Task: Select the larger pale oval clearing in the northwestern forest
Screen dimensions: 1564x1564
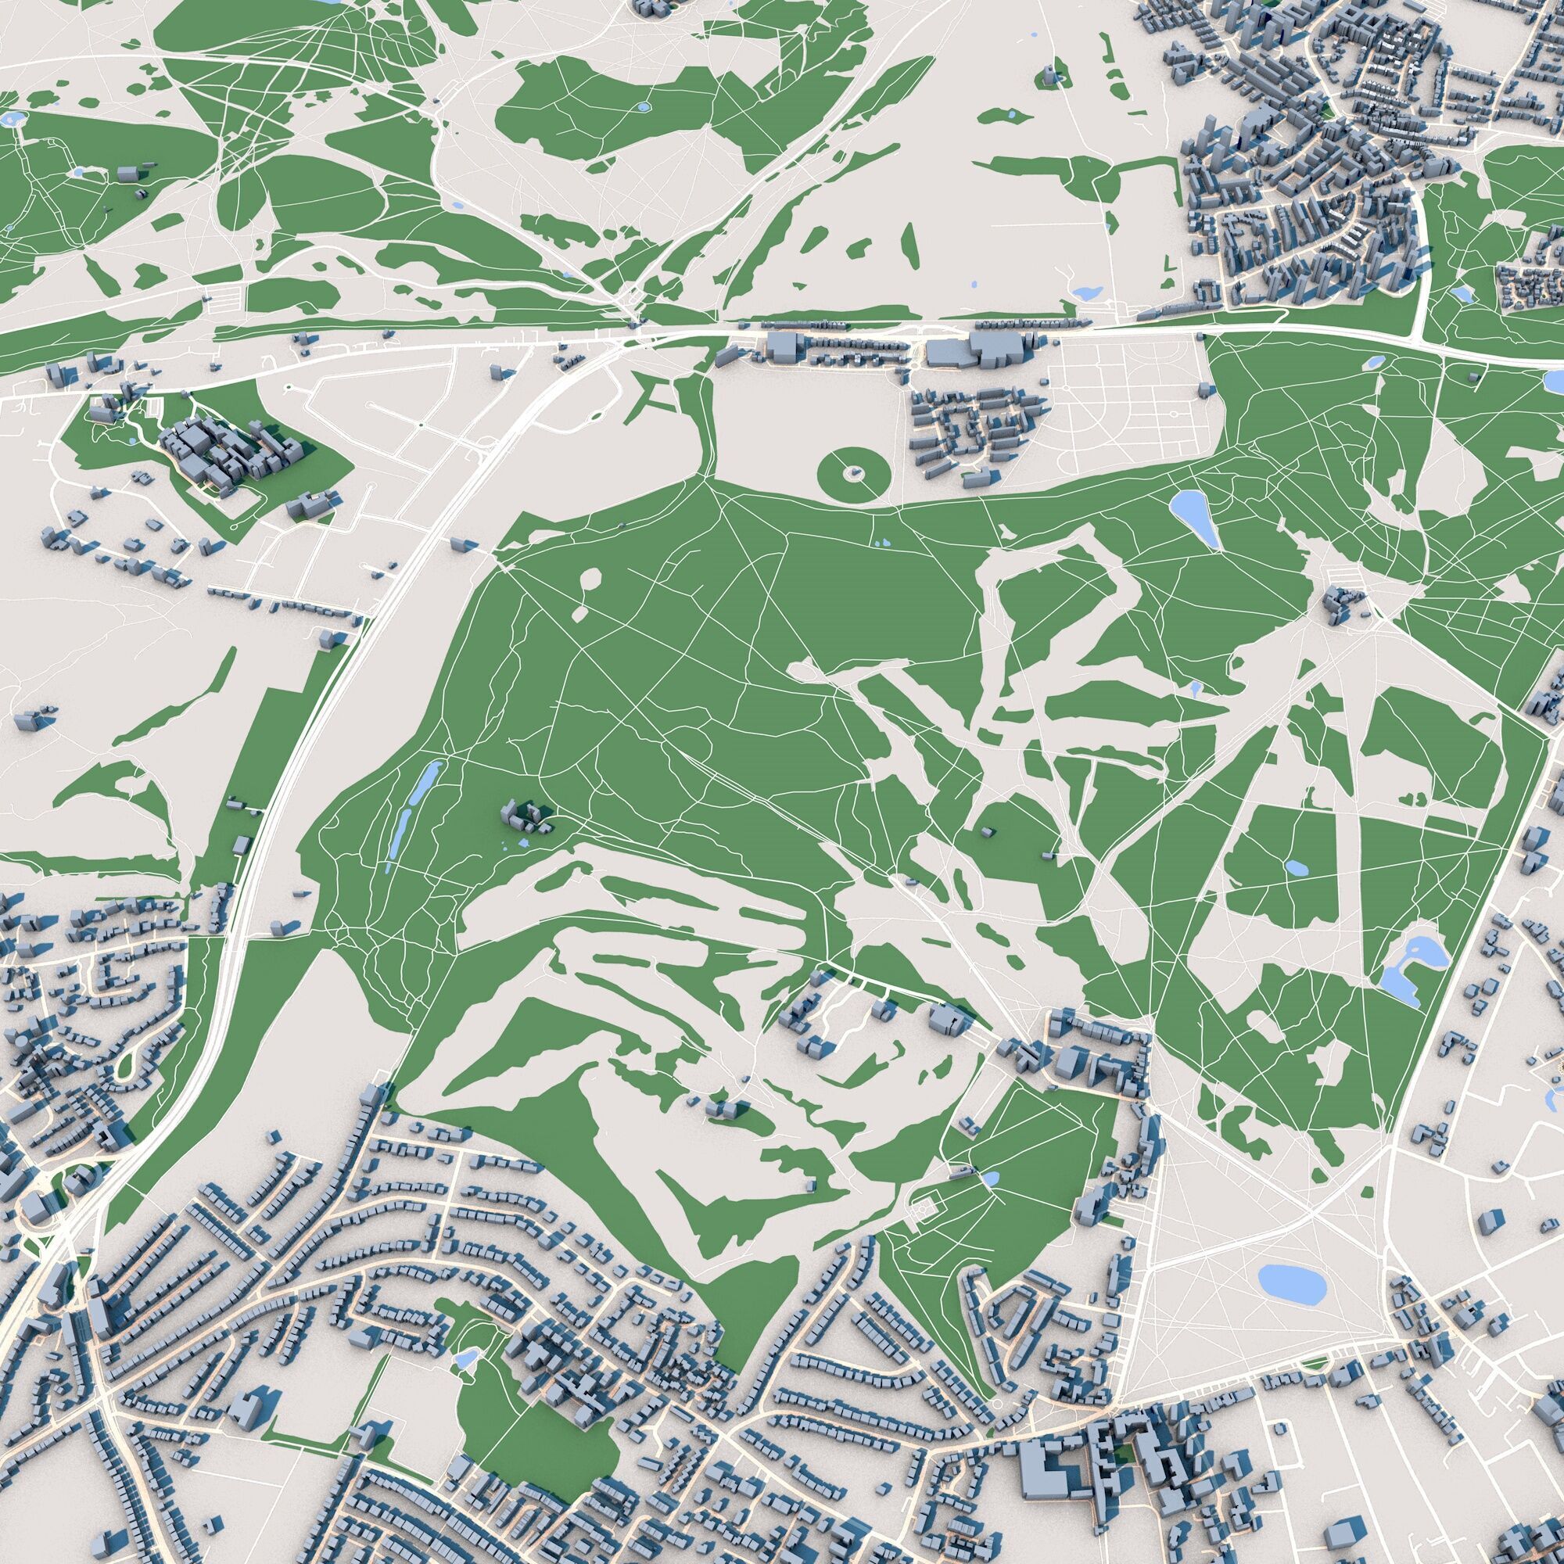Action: (x=592, y=579)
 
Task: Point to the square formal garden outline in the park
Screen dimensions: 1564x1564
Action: (x=923, y=1211)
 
